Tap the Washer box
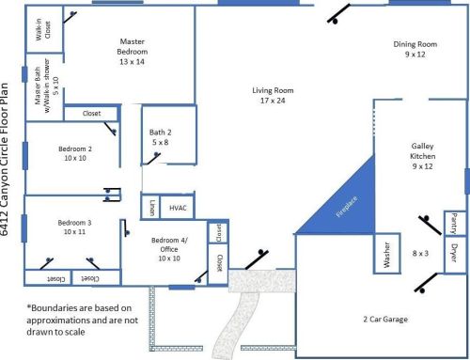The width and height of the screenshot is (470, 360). pos(387,254)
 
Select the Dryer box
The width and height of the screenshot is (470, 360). pos(455,254)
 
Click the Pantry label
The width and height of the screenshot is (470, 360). pos(453,224)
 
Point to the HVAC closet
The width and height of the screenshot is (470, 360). pos(178,207)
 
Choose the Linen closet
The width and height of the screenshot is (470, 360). pos(150,207)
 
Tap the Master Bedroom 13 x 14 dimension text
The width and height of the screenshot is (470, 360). pos(132,62)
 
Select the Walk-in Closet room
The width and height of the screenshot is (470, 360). pos(44,29)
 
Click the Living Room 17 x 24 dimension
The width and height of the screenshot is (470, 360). pos(273,101)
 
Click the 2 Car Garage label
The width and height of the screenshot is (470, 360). pos(385,320)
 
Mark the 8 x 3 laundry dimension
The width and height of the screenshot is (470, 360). pos(420,253)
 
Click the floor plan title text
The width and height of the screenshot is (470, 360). pos(5,159)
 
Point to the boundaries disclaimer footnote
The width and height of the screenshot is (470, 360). pos(82,320)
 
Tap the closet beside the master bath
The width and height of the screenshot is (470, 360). pos(91,114)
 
